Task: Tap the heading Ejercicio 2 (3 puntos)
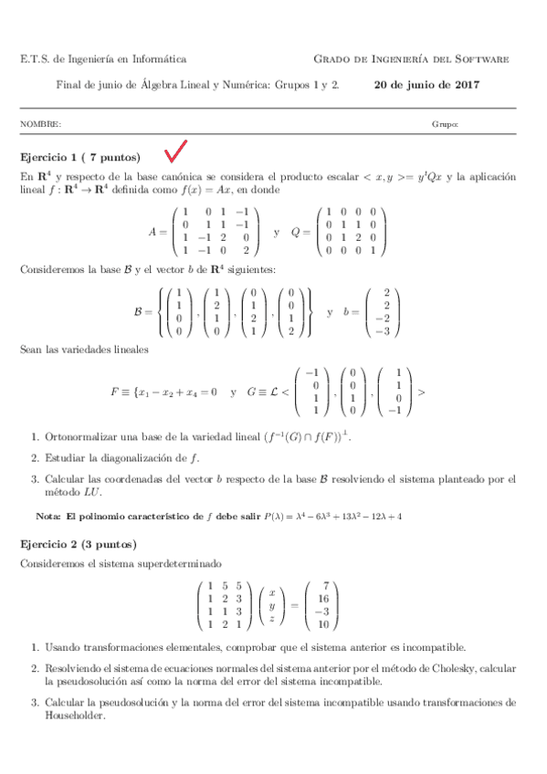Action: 79,544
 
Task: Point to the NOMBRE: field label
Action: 41,123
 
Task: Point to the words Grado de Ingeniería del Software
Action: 412,59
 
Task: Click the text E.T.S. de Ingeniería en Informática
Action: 103,59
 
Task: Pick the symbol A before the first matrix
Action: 153,232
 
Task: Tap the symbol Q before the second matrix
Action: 295,232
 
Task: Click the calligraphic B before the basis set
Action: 138,311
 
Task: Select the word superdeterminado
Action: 195,564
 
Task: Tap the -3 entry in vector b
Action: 387,334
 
